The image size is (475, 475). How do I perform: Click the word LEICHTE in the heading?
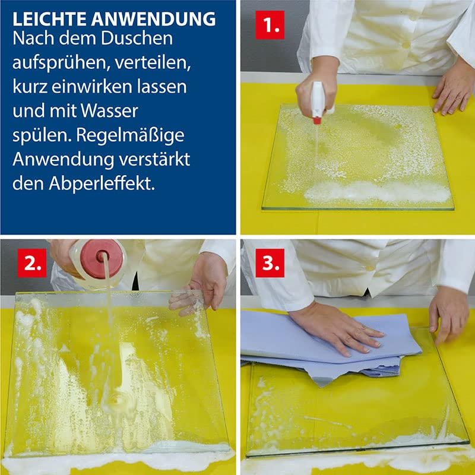click(50, 20)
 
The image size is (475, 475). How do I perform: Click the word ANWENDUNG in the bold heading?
click(153, 20)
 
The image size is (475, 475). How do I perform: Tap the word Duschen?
click(137, 39)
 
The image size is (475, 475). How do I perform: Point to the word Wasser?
click(109, 111)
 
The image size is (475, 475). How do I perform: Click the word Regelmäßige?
click(130, 136)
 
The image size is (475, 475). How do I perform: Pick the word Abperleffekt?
click(102, 183)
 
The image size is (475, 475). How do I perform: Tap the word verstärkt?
click(154, 159)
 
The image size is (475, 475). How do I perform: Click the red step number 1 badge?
click(270, 25)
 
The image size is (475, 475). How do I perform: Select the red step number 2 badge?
click(32, 263)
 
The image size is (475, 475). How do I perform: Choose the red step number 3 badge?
click(270, 263)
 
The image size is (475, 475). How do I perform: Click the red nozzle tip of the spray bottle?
click(317, 121)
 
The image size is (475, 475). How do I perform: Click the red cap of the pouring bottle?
click(102, 259)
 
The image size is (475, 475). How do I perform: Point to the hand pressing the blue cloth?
click(334, 328)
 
